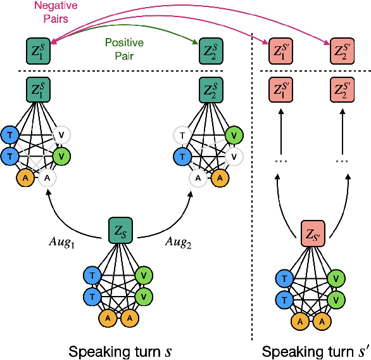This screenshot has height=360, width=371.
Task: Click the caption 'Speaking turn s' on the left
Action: (119, 350)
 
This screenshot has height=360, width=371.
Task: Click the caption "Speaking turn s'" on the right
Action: (314, 350)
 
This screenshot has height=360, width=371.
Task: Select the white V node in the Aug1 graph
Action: (61, 134)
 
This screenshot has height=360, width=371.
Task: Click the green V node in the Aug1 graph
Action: (61, 155)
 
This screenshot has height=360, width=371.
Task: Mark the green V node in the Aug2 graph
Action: (234, 134)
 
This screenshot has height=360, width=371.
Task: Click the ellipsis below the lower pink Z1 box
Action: (280, 161)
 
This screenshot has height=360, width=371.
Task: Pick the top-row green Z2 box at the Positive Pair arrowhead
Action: (210, 50)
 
